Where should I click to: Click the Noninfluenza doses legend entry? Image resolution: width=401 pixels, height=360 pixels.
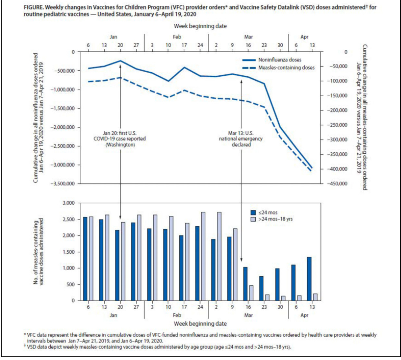click(279, 60)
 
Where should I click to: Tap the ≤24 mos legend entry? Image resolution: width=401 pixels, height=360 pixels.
click(268, 212)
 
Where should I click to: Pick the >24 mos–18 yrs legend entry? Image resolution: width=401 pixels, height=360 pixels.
click(275, 219)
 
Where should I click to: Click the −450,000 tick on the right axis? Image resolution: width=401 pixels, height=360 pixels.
click(339, 184)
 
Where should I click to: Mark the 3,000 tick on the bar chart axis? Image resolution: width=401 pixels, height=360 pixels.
click(68, 203)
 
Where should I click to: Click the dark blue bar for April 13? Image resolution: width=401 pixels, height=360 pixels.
click(309, 279)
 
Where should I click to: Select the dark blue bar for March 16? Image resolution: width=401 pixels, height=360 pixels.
click(245, 284)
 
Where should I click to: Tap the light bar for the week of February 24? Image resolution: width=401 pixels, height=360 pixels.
click(203, 256)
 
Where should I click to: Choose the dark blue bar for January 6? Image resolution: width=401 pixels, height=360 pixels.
click(85, 258)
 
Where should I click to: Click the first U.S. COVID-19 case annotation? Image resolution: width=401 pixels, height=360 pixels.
click(120, 139)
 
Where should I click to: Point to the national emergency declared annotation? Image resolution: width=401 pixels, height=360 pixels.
click(241, 139)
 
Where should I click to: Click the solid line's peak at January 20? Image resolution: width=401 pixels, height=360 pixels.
click(120, 61)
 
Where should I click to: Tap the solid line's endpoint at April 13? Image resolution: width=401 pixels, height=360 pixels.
click(312, 168)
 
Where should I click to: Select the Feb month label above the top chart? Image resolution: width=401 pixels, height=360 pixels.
click(177, 37)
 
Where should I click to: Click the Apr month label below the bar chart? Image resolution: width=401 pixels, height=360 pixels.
click(304, 315)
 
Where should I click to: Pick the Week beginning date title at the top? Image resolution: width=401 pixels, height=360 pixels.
click(200, 26)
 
